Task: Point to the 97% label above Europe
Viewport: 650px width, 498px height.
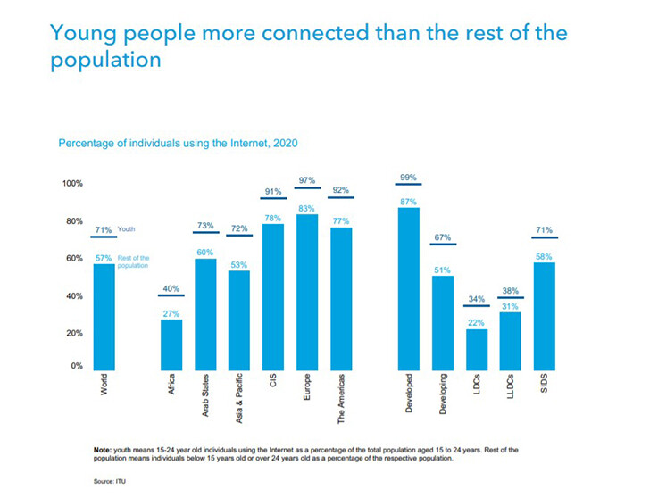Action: point(306,179)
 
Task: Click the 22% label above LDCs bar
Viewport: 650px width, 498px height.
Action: point(477,322)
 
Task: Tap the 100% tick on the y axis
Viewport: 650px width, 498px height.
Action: point(71,184)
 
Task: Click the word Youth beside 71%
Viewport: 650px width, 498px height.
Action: point(126,230)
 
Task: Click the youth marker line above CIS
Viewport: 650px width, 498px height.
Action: point(274,198)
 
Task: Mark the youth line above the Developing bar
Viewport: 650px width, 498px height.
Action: point(443,244)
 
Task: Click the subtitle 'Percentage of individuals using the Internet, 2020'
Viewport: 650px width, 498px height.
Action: point(178,143)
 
